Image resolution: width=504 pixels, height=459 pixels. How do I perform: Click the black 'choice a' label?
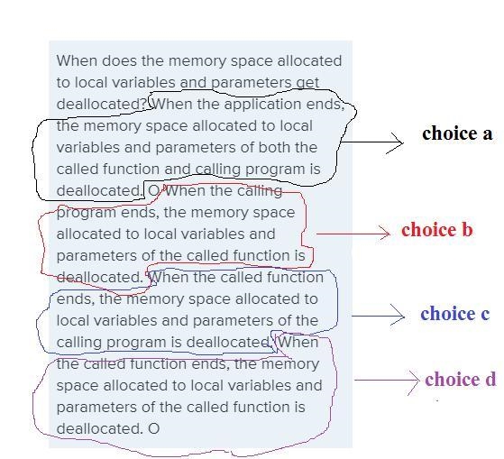pos(457,133)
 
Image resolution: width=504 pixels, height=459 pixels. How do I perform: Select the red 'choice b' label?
pos(436,230)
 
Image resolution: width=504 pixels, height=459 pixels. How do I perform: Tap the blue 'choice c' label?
pos(454,314)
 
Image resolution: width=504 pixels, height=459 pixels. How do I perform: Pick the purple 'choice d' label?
pos(461,380)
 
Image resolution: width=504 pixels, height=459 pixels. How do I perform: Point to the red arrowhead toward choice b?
pos(384,233)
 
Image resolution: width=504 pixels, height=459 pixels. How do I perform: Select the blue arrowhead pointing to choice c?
pos(399,316)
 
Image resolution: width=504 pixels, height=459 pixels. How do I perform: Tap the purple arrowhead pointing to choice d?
pos(414,381)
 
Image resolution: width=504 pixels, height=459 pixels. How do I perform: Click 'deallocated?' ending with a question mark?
pos(102,104)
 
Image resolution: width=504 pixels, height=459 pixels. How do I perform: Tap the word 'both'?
pos(275,147)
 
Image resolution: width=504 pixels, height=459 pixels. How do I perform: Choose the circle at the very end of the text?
pos(154,428)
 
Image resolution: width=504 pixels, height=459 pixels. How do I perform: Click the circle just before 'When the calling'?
pos(153,191)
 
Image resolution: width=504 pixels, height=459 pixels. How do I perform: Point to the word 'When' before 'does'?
pos(77,60)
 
